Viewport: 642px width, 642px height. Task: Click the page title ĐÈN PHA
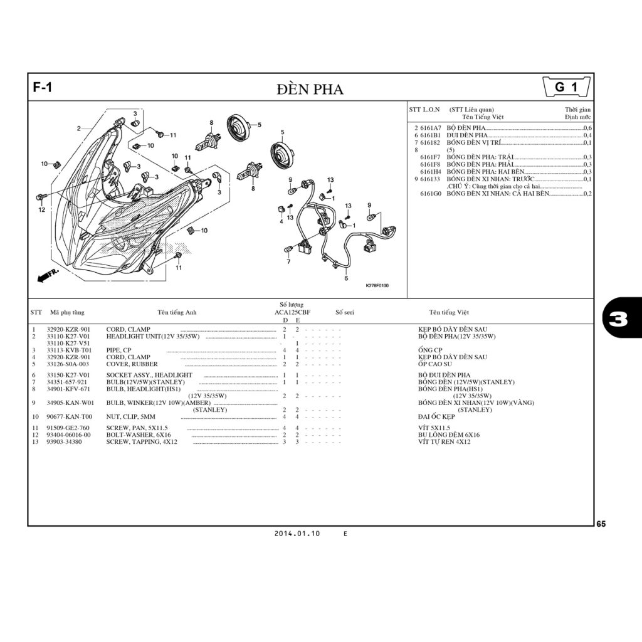310,89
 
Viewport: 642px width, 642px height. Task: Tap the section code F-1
43,88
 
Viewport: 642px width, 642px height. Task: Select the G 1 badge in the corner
566,88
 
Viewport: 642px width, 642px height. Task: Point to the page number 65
601,524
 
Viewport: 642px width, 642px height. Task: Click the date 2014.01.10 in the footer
297,534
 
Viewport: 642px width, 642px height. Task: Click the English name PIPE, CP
118,350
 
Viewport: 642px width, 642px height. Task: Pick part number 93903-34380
68,442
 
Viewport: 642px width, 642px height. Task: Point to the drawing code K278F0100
377,286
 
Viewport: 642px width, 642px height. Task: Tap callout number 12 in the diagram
41,210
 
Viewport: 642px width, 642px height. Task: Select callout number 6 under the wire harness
346,278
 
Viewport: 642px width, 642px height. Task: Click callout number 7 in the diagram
288,262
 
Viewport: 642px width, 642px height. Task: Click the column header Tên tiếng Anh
177,312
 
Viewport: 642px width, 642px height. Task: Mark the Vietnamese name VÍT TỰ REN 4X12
445,442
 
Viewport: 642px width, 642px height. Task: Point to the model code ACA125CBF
292,312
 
